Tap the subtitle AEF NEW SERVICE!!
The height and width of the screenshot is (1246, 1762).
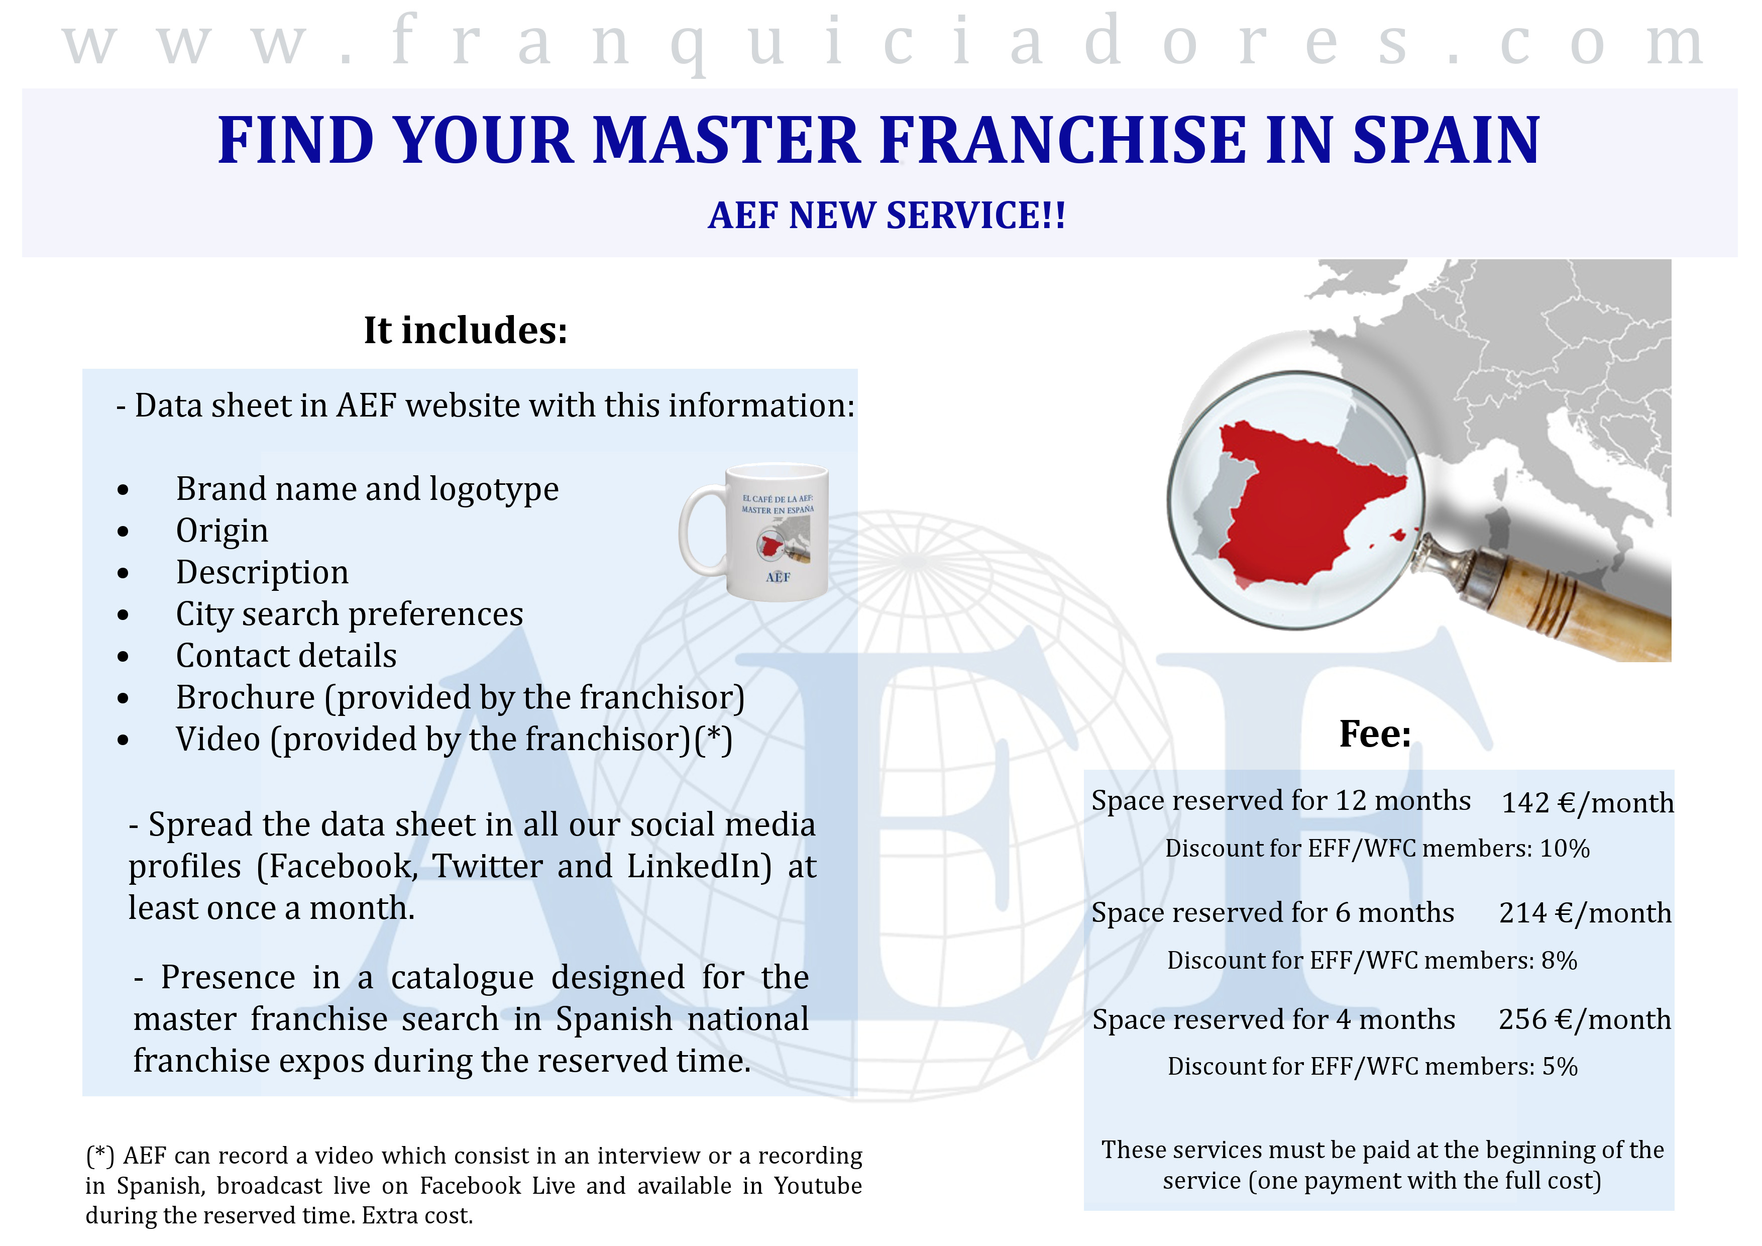[x=887, y=215]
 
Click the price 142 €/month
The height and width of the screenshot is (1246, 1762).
[x=1587, y=803]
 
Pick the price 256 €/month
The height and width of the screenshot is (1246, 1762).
[x=1585, y=1019]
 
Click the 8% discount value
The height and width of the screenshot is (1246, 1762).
[x=1560, y=961]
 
